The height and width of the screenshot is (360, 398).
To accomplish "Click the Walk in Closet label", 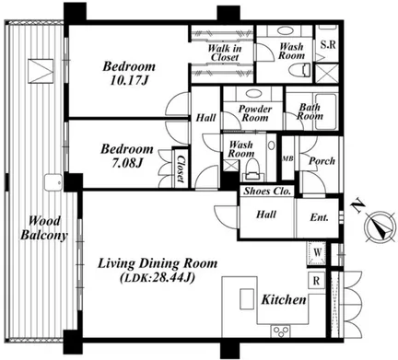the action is click(225, 52).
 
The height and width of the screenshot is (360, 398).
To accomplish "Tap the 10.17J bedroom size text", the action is click(129, 80).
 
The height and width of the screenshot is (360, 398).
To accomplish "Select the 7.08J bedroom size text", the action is click(127, 163).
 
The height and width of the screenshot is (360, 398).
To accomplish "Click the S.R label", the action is click(328, 45).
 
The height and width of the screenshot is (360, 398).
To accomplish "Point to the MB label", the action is click(287, 158).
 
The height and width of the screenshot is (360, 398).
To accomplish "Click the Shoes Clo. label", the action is click(267, 192).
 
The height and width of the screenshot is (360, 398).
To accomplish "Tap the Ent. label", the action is click(319, 217).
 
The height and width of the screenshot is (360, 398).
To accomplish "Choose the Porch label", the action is click(322, 161).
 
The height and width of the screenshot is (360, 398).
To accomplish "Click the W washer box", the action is click(318, 253).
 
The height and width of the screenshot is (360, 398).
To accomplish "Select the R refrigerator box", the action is click(316, 280).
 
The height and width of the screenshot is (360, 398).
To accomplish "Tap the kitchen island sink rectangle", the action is click(247, 298).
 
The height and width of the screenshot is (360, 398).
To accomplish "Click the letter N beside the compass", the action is click(357, 207).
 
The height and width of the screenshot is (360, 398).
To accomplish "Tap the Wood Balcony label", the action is click(44, 228).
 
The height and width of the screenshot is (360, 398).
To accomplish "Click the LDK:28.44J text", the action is click(158, 278).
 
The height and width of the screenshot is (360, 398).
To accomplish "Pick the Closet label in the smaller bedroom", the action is click(181, 168).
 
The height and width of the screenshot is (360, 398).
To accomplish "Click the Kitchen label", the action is click(284, 299).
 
